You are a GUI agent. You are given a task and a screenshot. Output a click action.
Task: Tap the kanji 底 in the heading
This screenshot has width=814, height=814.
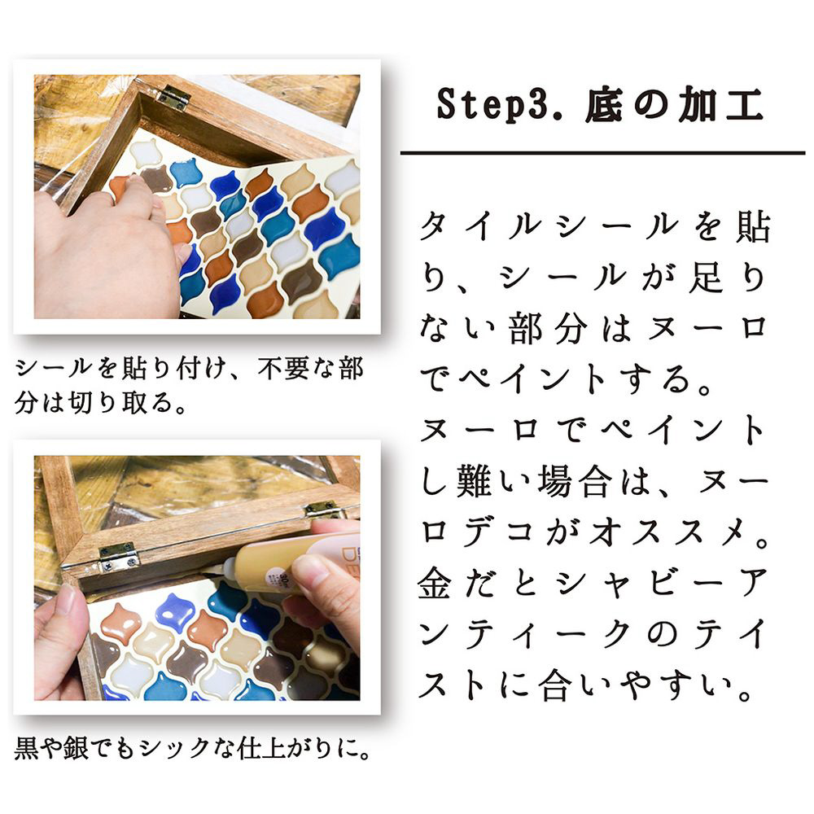[x=604, y=104]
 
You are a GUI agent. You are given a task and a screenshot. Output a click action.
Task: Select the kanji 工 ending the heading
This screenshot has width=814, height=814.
[x=745, y=104]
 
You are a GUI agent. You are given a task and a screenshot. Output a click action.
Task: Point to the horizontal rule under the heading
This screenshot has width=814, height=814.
[x=602, y=153]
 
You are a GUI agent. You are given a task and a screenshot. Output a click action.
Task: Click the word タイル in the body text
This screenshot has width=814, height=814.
[x=482, y=226]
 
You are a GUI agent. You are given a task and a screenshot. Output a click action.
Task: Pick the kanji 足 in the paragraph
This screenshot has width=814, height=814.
[x=707, y=278]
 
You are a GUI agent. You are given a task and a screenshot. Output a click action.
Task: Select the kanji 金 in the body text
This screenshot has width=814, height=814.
[x=435, y=583]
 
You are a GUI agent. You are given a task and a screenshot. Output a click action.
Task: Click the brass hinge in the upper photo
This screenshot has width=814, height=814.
[x=172, y=97]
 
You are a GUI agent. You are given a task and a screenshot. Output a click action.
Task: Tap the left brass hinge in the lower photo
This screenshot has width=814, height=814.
[x=119, y=557]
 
